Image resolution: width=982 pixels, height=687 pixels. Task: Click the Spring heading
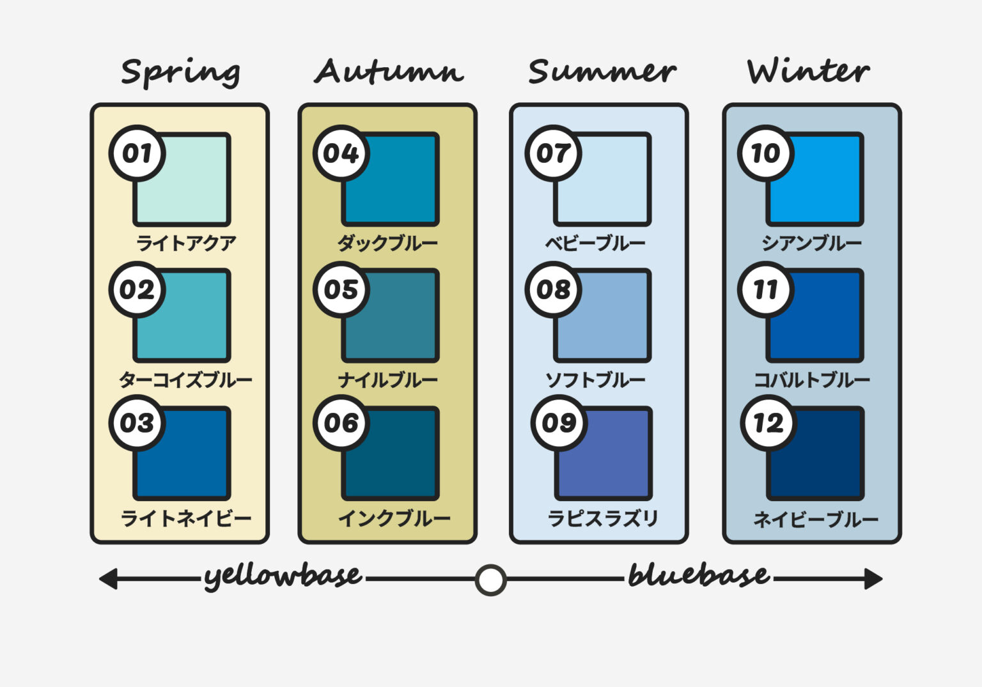[x=181, y=73]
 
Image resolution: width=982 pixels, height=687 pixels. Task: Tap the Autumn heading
[x=389, y=71]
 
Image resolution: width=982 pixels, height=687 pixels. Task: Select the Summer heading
[x=602, y=71]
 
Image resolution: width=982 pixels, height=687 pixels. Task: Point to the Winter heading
[x=808, y=70]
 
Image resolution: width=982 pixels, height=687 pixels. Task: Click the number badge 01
[x=137, y=153]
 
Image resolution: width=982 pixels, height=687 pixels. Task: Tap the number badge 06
[x=341, y=423]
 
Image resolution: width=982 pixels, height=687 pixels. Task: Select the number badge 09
[x=559, y=423]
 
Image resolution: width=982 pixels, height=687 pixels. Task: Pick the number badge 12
[x=768, y=423]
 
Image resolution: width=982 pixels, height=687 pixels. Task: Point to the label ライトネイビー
[x=186, y=519]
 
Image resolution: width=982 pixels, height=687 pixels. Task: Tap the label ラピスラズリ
[x=603, y=518]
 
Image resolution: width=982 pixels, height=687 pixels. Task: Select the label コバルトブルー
[x=812, y=380]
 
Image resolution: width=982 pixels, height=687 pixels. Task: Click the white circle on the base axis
[x=490, y=580]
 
